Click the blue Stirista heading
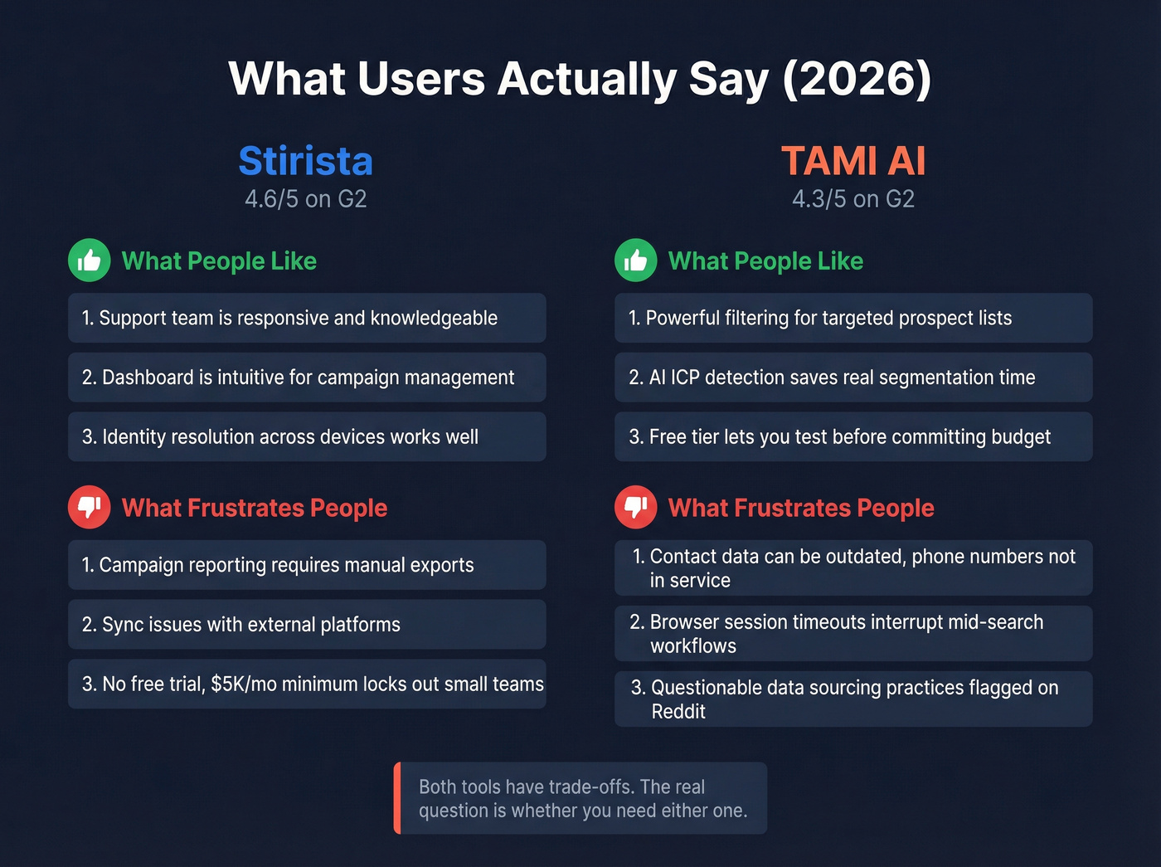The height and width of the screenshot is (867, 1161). (305, 161)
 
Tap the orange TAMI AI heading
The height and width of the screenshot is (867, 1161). (853, 161)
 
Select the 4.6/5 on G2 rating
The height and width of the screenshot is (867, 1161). (305, 199)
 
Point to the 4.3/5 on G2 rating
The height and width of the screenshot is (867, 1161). (853, 199)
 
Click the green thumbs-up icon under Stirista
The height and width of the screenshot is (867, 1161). (90, 261)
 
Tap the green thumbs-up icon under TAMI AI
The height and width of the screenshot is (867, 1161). (636, 261)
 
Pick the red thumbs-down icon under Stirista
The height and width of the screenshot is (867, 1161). (90, 507)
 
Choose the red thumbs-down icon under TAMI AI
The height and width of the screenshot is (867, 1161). (636, 507)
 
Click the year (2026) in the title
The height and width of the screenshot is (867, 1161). (857, 80)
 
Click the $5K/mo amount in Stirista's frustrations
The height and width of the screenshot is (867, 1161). (244, 684)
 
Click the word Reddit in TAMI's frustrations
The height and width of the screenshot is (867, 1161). (678, 712)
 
